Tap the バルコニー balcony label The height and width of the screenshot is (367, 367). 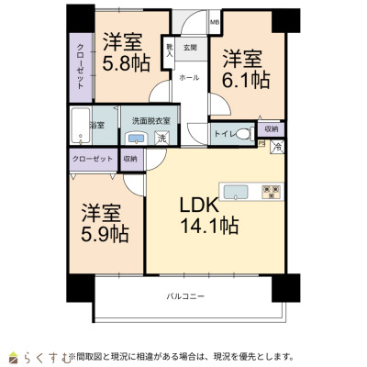point(185,295)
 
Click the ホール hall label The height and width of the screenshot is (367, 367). point(189,78)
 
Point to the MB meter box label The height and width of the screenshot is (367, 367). point(214,20)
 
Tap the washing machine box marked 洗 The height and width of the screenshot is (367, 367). point(161,139)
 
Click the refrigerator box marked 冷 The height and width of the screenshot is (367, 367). point(276,145)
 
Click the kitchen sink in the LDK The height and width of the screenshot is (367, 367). point(237,192)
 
